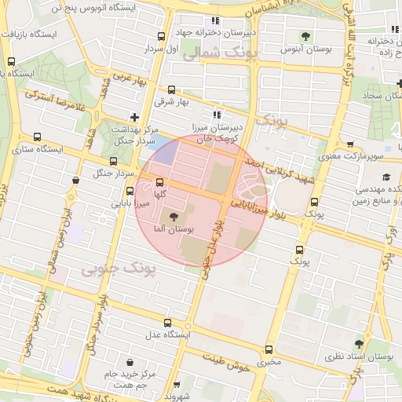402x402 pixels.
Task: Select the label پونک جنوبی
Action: [x=118, y=269]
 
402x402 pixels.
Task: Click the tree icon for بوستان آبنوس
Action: [x=305, y=35]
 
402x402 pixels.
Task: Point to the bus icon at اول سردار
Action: [x=162, y=36]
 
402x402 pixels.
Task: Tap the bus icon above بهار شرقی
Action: [x=171, y=90]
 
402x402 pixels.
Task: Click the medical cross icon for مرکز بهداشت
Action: [x=134, y=116]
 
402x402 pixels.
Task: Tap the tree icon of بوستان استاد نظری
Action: [x=359, y=344]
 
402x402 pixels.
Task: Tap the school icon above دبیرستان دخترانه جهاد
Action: [x=215, y=20]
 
